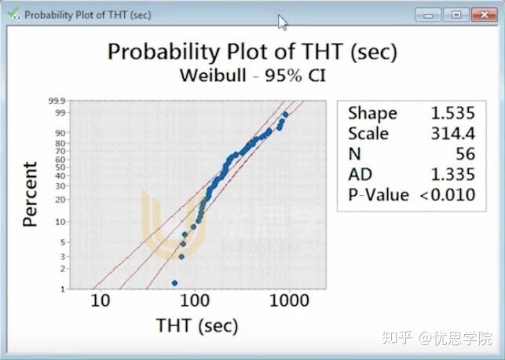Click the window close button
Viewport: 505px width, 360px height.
[x=481, y=15]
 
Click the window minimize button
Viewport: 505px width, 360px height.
[x=430, y=15]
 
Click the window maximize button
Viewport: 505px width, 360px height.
[x=455, y=15]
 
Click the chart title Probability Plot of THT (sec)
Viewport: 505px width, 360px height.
[x=252, y=52]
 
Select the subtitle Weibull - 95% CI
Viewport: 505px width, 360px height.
[x=252, y=76]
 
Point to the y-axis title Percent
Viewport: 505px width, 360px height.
[x=30, y=194]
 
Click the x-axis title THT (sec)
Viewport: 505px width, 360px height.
[x=196, y=325]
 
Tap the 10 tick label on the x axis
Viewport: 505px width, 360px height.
[x=100, y=301]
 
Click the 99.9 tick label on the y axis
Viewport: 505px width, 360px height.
[x=57, y=101]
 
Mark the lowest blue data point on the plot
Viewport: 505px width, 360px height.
[x=174, y=282]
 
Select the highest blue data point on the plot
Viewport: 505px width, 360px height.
[x=285, y=115]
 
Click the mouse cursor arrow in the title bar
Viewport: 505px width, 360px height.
[x=283, y=22]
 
